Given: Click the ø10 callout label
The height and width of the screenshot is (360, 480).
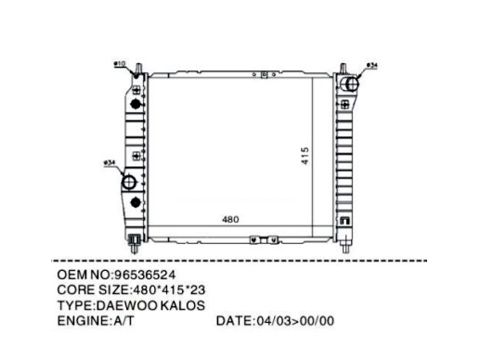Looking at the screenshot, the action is (120, 64).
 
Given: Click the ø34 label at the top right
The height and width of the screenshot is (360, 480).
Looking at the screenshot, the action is (372, 65).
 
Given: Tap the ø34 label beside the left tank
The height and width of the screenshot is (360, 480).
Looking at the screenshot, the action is (110, 162).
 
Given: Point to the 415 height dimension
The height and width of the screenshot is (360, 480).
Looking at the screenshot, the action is (305, 156).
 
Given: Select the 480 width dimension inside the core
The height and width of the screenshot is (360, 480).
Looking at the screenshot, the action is (230, 219).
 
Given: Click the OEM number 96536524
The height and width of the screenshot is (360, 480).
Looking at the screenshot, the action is (145, 275).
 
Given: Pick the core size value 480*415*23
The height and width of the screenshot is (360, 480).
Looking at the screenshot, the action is (169, 290).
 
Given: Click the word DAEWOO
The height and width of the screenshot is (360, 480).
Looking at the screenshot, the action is (127, 305).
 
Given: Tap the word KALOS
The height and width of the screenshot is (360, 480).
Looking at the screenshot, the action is (183, 305).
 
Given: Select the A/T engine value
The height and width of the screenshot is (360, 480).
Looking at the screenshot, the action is (123, 321).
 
